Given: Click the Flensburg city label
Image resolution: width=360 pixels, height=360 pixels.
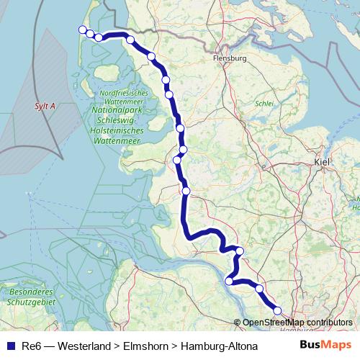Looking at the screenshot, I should [230, 58].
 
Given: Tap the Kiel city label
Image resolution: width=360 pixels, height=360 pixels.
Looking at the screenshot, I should [322, 163].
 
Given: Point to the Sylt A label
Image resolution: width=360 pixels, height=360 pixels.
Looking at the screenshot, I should [45, 106].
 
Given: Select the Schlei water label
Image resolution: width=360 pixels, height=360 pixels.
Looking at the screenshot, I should [264, 104].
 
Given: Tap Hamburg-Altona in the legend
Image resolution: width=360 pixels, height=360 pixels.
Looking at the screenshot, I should [219, 346].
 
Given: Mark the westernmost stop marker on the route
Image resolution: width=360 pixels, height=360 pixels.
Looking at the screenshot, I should [81, 30].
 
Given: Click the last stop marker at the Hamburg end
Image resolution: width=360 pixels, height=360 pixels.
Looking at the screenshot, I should [278, 310].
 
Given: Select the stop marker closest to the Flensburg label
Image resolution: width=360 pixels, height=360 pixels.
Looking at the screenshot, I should [151, 56].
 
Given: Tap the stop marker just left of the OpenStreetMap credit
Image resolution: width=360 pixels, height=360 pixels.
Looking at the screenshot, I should [230, 281].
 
